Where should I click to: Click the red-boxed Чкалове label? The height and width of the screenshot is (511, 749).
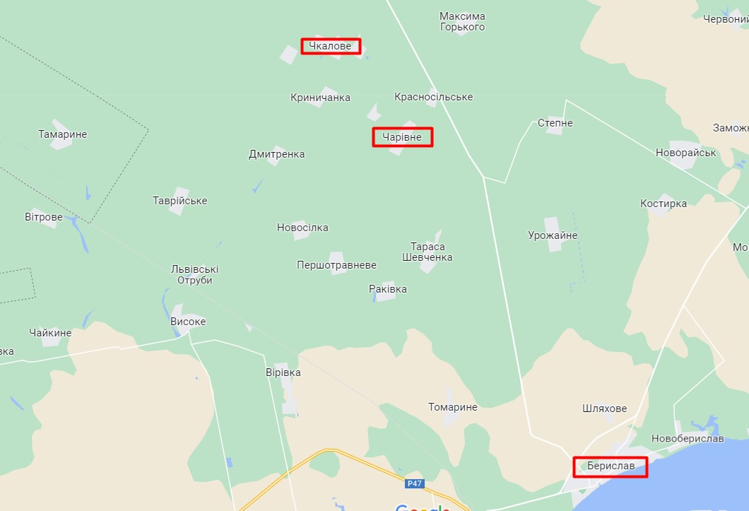(x=331, y=47)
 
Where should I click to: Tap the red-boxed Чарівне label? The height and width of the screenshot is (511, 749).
(x=402, y=137)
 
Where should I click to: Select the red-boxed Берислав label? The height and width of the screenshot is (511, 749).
(x=610, y=466)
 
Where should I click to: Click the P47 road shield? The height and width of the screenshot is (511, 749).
(x=415, y=484)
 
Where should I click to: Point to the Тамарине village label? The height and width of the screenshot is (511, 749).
(x=63, y=134)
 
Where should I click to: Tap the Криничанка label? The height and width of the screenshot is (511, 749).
(x=320, y=98)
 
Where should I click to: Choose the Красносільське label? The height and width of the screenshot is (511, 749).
(x=433, y=97)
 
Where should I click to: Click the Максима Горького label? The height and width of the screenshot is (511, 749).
(x=462, y=21)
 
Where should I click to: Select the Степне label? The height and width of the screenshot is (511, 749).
(x=555, y=123)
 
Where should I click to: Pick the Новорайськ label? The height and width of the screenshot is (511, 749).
(x=685, y=153)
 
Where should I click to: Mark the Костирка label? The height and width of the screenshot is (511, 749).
(x=663, y=204)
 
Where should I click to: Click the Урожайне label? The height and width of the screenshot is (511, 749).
(x=553, y=235)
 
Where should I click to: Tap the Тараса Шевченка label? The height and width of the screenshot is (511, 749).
(x=427, y=252)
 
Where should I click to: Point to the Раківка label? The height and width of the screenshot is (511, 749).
(x=388, y=289)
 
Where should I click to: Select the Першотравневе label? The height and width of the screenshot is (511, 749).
(x=336, y=265)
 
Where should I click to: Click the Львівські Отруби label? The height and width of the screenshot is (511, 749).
(x=195, y=274)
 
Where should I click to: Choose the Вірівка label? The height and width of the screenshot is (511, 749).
(x=283, y=372)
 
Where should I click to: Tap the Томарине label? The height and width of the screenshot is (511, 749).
(x=452, y=407)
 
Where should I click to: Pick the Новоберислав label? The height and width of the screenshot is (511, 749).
(x=688, y=439)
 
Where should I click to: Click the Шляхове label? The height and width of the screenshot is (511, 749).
(x=604, y=409)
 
